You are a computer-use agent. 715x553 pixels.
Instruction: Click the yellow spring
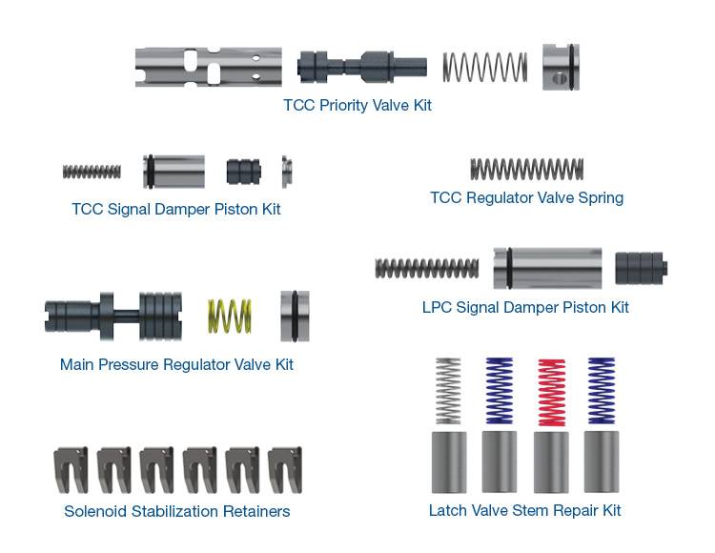pos(230,316)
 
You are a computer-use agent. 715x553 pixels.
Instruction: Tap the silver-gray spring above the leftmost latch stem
pos(447,391)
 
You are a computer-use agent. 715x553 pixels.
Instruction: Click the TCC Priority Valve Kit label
pos(357,106)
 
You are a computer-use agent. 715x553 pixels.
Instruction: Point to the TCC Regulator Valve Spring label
pos(526,198)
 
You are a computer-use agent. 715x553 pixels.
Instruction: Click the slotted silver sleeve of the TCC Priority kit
pos(209,66)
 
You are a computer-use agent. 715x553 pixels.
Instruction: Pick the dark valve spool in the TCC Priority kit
pos(361,66)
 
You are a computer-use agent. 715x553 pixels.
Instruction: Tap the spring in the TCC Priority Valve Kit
pos(484,66)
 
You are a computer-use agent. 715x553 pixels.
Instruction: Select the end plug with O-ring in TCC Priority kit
pos(562,66)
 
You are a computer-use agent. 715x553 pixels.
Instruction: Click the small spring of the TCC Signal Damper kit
pos(92,172)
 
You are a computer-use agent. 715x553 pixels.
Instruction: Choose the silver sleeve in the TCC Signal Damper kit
pos(174,172)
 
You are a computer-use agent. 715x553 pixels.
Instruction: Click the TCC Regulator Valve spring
pos(526,170)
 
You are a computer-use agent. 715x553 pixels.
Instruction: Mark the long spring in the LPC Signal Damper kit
pos(427,268)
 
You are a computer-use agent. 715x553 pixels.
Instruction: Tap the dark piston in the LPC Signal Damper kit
pos(643,268)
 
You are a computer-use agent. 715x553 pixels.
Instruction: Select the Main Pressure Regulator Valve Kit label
pos(176,364)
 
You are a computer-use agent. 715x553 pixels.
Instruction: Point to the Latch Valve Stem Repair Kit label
pos(524,511)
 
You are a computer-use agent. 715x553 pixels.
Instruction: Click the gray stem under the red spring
pos(551,461)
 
